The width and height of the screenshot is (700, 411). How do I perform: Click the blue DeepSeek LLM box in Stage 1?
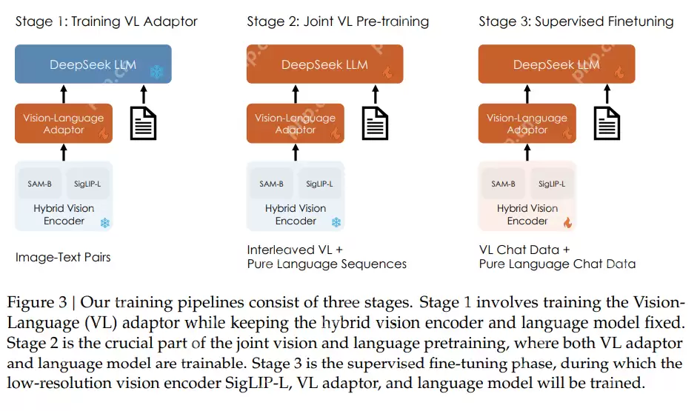click(x=93, y=64)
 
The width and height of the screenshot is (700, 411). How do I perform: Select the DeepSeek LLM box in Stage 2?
click(x=324, y=64)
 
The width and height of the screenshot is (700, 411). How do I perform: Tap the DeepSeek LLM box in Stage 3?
click(x=556, y=64)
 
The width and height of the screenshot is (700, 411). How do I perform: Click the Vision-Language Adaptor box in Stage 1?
click(x=64, y=124)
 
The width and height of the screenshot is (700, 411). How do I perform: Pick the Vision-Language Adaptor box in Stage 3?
click(x=527, y=124)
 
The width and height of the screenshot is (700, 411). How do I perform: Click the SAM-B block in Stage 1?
click(x=40, y=184)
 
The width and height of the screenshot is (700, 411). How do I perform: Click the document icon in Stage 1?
click(x=143, y=123)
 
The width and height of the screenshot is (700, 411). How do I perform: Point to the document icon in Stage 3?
click(x=607, y=123)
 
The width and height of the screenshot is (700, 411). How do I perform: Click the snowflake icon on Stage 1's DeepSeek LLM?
click(x=156, y=72)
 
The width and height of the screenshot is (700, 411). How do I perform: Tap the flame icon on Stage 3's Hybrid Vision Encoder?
click(x=567, y=222)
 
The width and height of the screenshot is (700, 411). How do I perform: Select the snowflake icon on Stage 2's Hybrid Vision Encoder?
click(x=336, y=222)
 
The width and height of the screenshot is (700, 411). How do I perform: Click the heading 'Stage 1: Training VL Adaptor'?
click(x=107, y=21)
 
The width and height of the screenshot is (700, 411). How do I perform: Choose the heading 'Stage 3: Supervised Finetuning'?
click(x=576, y=21)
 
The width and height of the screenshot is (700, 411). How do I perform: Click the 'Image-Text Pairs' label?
click(x=63, y=257)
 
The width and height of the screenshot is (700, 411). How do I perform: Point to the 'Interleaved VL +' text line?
click(x=295, y=249)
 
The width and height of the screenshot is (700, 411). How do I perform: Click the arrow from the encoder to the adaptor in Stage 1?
click(x=64, y=153)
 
